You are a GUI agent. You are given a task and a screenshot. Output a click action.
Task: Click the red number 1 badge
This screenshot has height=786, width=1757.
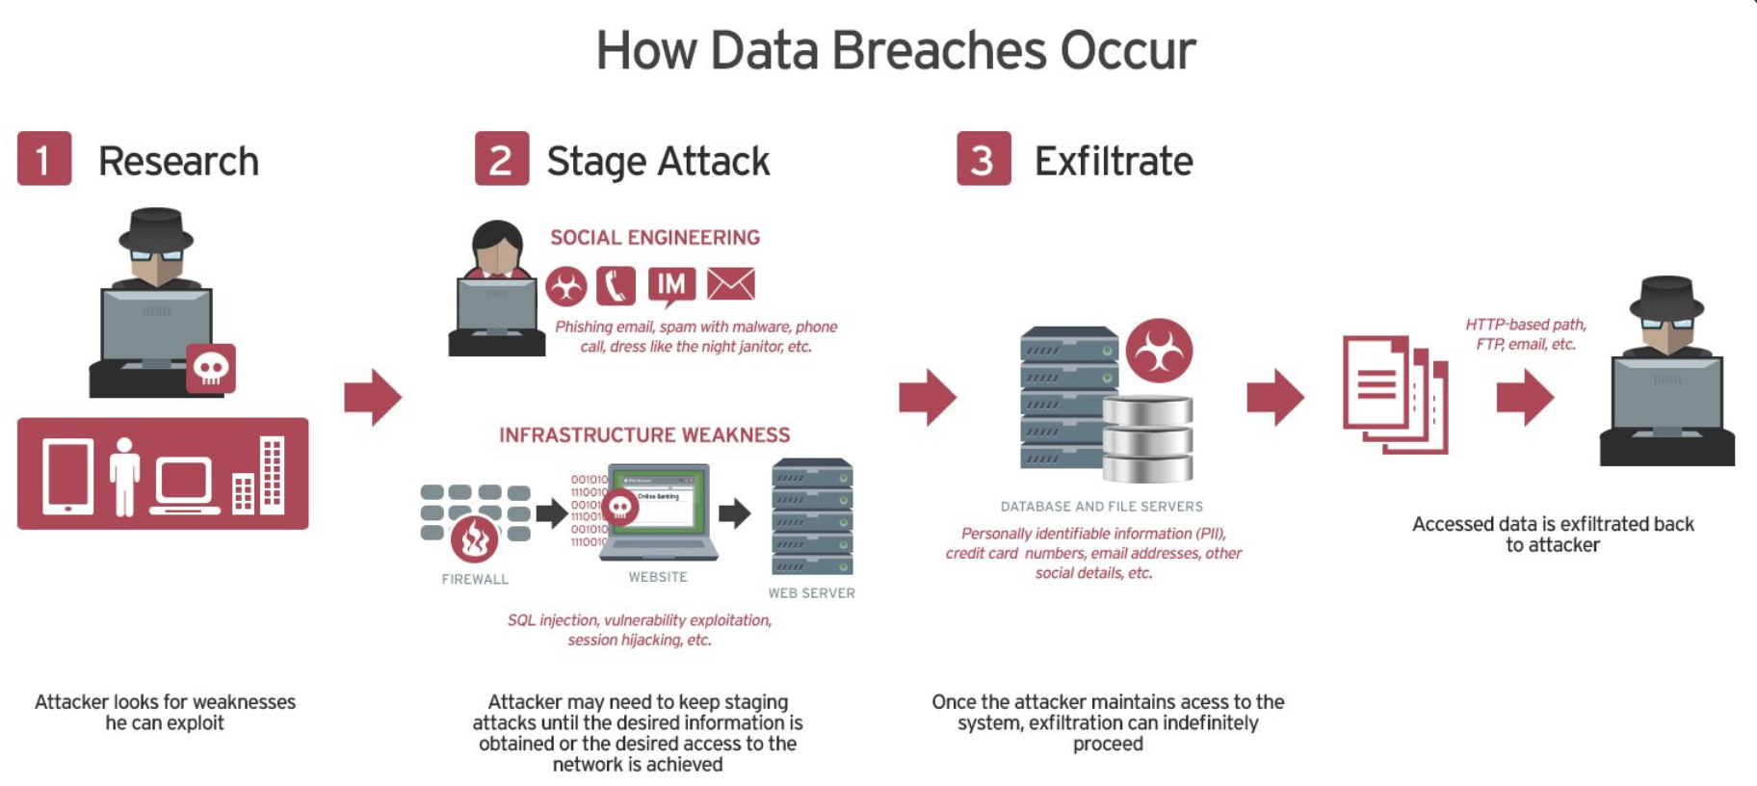tap(44, 158)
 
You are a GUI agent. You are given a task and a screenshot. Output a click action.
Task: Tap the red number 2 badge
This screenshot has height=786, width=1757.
tap(501, 158)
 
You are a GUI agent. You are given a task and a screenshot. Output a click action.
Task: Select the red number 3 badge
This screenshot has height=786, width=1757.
tap(983, 158)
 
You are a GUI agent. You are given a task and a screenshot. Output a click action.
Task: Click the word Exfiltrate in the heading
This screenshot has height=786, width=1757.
tap(1114, 161)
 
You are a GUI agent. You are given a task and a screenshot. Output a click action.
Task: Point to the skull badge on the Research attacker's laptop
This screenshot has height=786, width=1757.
tap(211, 368)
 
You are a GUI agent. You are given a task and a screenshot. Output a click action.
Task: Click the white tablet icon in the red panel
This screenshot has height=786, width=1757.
tap(68, 476)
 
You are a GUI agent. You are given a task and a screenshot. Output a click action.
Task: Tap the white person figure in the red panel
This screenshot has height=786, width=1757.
tap(124, 476)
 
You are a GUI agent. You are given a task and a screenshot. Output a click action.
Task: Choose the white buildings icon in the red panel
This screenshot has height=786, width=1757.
tap(259, 475)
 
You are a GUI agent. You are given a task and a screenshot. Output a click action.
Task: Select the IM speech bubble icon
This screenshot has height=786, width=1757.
tap(671, 285)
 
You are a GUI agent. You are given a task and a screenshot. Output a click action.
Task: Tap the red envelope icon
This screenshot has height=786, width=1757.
tap(731, 284)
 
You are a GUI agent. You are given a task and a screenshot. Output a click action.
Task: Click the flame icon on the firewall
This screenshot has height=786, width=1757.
tap(474, 539)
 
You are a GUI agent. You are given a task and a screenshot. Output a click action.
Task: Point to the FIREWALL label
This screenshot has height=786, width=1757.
tap(475, 579)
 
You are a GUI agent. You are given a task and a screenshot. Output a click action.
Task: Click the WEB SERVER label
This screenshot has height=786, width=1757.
tap(811, 593)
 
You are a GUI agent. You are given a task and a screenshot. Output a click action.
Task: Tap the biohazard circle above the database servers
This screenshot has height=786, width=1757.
tap(1159, 351)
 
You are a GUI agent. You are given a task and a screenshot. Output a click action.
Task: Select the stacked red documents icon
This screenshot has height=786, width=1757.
tap(1394, 394)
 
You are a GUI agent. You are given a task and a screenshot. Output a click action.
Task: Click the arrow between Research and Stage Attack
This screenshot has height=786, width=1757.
tap(373, 396)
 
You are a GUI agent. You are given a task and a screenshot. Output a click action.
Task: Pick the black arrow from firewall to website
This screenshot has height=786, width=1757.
tap(551, 513)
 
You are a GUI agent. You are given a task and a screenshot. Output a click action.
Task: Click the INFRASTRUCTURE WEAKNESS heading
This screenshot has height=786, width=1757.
tap(644, 435)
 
